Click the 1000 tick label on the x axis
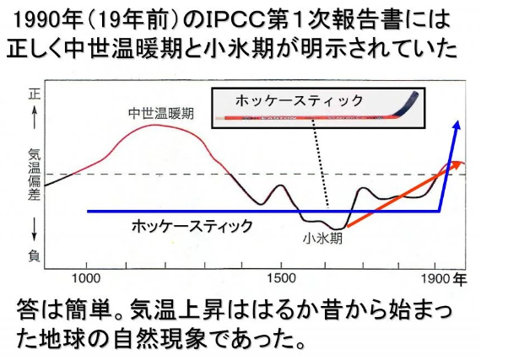[86, 279]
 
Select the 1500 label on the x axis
[281, 279]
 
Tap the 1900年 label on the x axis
[444, 279]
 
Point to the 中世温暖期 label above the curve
[161, 114]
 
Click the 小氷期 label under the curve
[322, 239]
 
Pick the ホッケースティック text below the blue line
[192, 226]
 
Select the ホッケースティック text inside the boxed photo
[299, 100]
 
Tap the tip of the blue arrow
[457, 121]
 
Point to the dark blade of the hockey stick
[408, 105]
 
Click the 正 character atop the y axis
[34, 95]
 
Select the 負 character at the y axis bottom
[34, 255]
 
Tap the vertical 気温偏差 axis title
[34, 175]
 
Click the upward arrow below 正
[34, 117]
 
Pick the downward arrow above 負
[34, 228]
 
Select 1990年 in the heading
[48, 20]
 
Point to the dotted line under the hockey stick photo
[321, 164]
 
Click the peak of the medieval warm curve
[155, 125]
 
